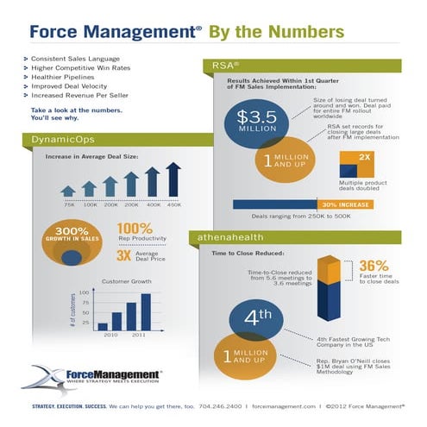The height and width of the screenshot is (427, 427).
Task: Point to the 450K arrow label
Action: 173,204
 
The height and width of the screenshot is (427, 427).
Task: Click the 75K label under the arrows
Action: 69,204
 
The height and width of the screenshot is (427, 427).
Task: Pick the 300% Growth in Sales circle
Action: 72,241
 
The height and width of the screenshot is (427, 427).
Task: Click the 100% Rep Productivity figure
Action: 134,231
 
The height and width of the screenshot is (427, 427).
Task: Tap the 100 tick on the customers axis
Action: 85,293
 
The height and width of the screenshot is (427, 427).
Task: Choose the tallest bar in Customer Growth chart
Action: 146,311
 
